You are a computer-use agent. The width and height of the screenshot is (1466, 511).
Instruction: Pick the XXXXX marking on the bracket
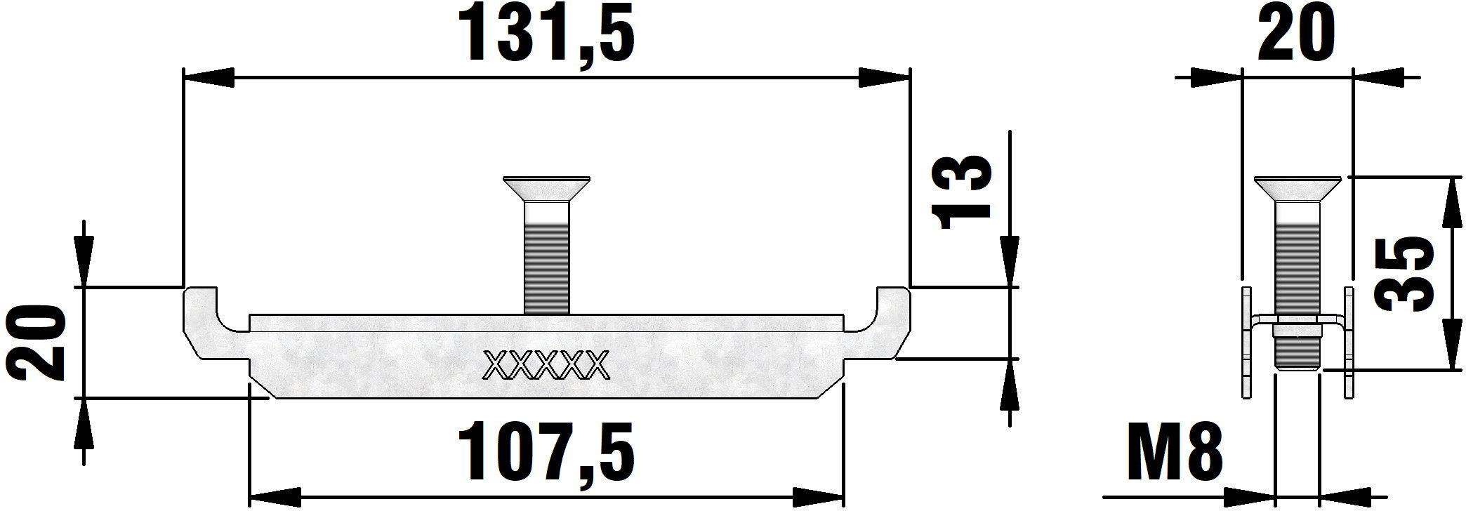546,364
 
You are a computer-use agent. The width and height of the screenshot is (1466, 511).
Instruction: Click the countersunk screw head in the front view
546,188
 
